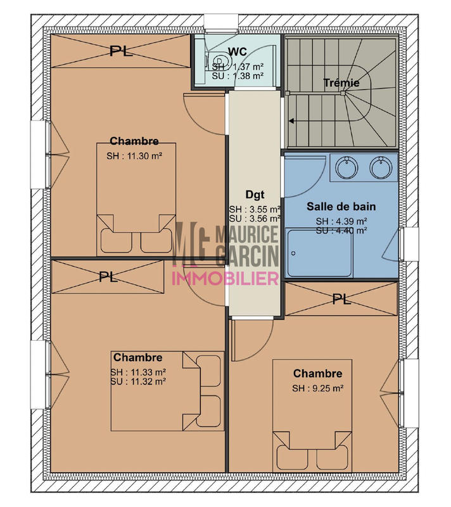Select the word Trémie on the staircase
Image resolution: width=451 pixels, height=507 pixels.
(x=341, y=82)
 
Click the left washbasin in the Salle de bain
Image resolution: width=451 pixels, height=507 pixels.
(x=346, y=168)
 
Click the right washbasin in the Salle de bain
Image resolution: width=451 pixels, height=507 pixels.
(x=380, y=168)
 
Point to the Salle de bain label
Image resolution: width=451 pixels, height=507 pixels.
(x=341, y=206)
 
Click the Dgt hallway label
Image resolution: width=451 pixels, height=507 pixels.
(x=254, y=195)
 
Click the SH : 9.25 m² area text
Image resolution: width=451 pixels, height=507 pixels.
(x=317, y=388)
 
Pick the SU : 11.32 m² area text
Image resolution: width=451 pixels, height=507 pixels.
(x=138, y=382)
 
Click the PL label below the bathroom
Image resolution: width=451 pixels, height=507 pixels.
(x=341, y=300)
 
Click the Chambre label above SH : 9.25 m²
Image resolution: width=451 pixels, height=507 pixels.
(x=317, y=374)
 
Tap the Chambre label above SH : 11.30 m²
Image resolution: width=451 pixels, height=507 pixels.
(x=134, y=141)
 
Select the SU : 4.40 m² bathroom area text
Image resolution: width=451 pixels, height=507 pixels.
(x=341, y=230)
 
